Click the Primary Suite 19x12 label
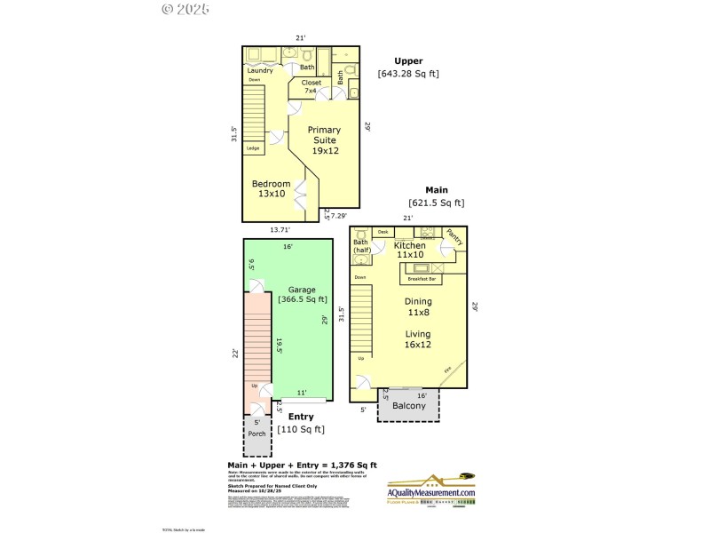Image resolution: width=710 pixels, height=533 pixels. [x=324, y=140]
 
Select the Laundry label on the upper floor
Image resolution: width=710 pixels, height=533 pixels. [x=259, y=70]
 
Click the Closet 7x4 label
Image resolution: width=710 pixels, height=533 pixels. [x=311, y=86]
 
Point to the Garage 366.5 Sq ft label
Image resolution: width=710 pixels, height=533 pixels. [x=302, y=295]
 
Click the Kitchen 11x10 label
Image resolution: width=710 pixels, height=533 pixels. [x=410, y=250]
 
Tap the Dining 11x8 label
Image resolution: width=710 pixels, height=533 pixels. [x=417, y=306]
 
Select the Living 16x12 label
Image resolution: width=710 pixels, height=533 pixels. [x=417, y=339]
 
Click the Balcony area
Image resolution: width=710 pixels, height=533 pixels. [x=409, y=406]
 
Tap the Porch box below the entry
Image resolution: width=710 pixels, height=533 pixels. [x=256, y=434]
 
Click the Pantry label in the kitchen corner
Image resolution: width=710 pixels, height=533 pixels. [x=454, y=237]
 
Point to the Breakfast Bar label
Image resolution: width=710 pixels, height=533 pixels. [x=422, y=279]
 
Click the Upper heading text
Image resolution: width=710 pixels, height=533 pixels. [x=408, y=61]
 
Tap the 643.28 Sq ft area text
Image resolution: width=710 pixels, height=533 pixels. [x=408, y=74]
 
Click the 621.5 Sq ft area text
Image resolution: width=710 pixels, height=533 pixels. [x=436, y=203]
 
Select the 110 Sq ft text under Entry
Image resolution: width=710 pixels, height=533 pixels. [x=301, y=429]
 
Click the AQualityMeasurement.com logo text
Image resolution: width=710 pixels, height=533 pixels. [x=431, y=493]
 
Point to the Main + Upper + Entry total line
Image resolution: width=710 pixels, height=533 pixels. [x=302, y=465]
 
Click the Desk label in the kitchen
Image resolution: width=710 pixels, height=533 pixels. [x=383, y=232]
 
